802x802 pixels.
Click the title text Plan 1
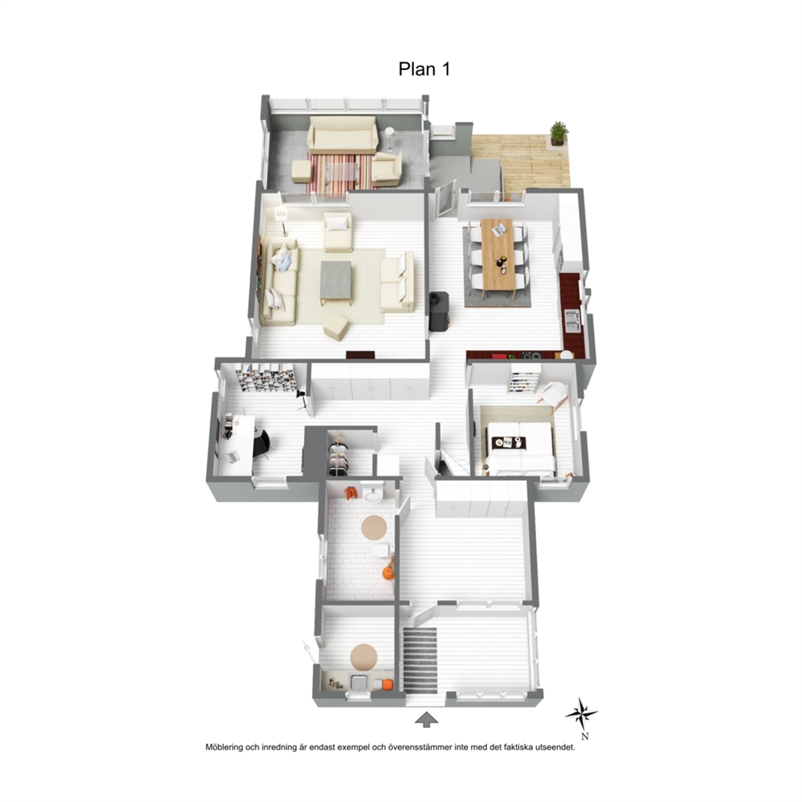[424, 69]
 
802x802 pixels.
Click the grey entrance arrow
[426, 720]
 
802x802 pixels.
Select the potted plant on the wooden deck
[559, 133]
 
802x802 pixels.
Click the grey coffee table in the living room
[336, 282]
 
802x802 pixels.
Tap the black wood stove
[438, 311]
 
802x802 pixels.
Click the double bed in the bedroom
[519, 445]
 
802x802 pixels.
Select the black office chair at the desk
[262, 445]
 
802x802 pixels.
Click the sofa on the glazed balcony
[342, 134]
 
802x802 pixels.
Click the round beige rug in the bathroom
[374, 527]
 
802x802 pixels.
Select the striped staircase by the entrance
[420, 660]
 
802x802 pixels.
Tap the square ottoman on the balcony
[302, 171]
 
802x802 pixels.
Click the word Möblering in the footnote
[225, 747]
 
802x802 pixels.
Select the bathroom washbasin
[373, 494]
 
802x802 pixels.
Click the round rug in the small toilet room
[364, 657]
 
